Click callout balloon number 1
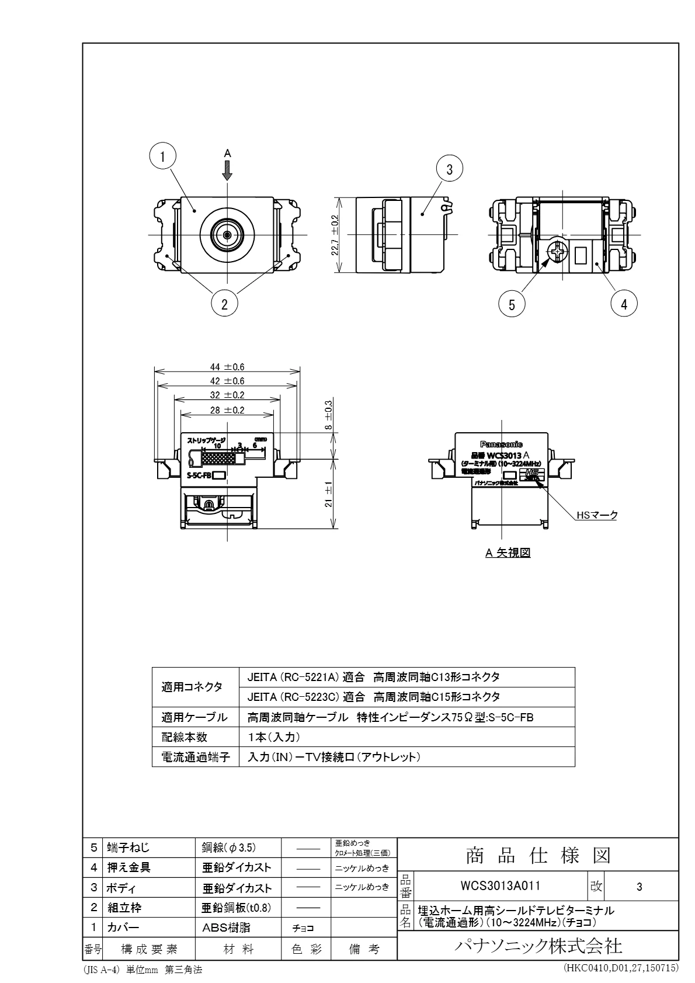[x=164, y=155]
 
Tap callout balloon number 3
[x=449, y=169]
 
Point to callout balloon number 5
[x=512, y=304]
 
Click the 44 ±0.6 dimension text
[x=227, y=367]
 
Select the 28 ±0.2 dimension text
[x=227, y=410]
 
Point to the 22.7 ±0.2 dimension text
[x=334, y=234]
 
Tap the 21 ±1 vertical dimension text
[x=329, y=494]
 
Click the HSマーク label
[x=596, y=515]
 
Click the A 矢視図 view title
[x=508, y=553]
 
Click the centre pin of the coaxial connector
[x=227, y=234]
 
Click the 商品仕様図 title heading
[x=537, y=856]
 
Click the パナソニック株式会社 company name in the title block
[x=537, y=946]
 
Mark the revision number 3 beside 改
[x=640, y=887]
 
